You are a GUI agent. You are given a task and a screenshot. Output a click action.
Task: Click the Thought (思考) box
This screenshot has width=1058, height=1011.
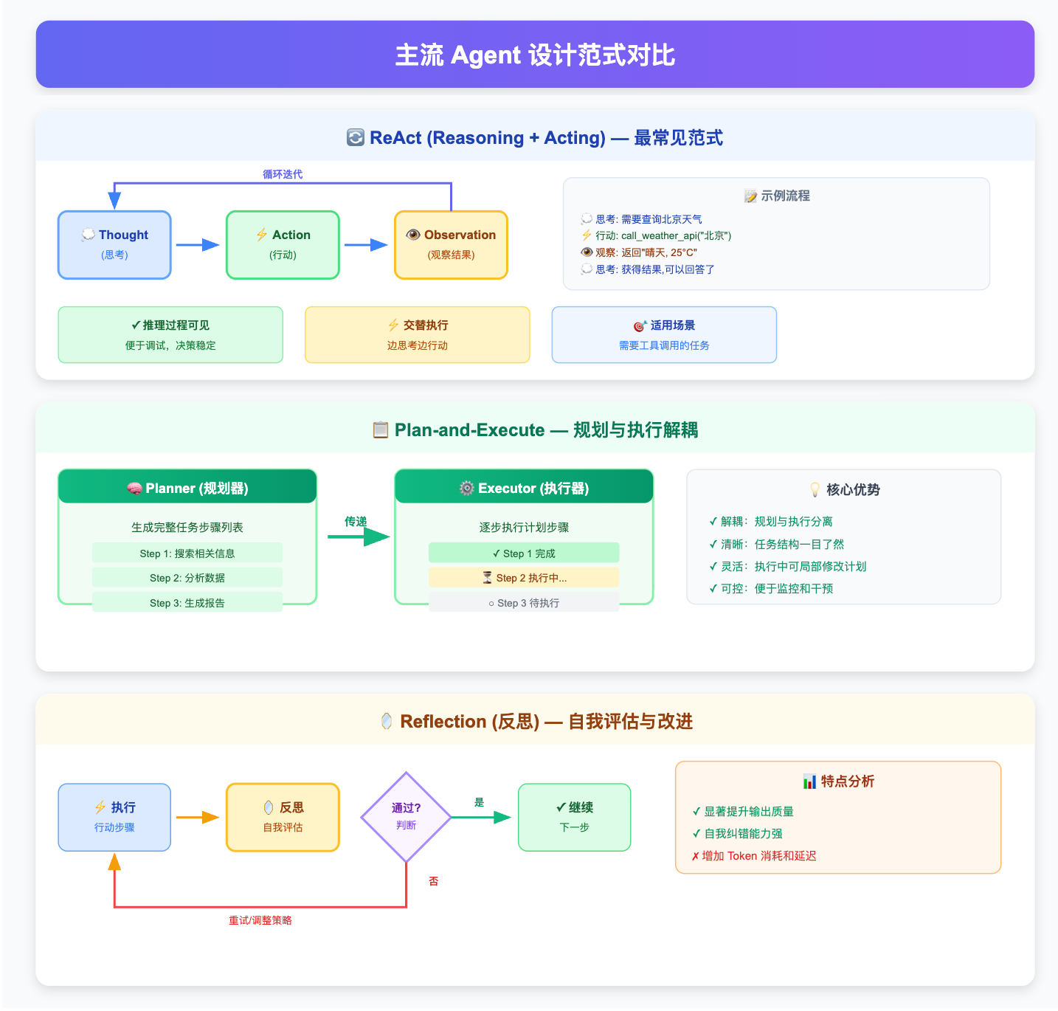pos(114,245)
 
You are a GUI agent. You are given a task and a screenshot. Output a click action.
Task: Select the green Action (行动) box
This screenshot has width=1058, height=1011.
pos(283,245)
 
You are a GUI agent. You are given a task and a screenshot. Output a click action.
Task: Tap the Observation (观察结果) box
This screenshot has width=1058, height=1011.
pos(451,245)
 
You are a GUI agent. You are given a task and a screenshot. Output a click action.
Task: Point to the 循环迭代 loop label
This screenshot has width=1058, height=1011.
pos(283,174)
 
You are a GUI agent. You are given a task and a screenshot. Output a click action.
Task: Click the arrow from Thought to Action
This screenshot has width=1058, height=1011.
pos(198,245)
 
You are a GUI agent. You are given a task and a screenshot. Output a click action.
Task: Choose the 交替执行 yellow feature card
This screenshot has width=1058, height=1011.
pos(417,335)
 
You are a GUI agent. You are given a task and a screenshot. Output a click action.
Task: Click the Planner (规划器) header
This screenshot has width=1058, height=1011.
pos(187,488)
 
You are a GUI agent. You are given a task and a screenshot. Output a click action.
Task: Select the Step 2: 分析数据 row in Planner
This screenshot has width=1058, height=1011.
pos(187,578)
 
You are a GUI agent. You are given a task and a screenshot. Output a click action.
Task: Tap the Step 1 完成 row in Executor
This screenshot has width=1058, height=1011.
pos(524,553)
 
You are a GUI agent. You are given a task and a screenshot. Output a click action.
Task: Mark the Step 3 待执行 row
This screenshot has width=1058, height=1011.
pos(524,603)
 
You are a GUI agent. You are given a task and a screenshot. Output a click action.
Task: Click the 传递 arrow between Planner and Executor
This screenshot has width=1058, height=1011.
pos(358,536)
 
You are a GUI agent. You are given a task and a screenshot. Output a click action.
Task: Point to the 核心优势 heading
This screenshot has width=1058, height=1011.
pos(844,490)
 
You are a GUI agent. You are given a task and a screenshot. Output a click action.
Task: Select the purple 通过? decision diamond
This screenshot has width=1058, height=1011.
pos(406,817)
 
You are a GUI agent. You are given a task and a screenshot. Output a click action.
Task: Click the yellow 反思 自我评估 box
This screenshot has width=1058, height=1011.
pos(283,817)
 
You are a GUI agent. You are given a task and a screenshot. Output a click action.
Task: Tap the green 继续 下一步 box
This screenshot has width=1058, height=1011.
pos(574,817)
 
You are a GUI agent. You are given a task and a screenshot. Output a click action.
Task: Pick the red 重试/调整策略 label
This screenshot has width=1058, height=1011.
pos(260,920)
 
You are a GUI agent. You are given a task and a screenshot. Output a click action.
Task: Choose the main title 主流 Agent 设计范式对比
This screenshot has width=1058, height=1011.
pos(535,55)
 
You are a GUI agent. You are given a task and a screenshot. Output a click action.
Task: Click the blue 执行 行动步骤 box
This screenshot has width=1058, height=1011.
pos(114,817)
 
